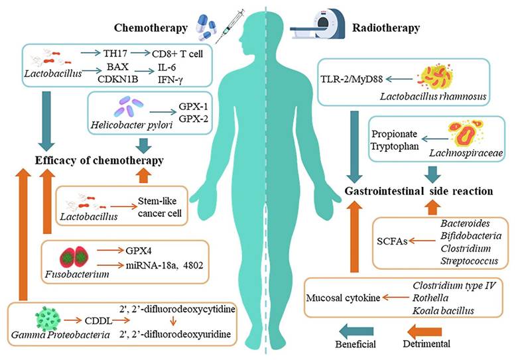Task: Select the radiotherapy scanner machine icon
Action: click(x=323, y=23)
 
